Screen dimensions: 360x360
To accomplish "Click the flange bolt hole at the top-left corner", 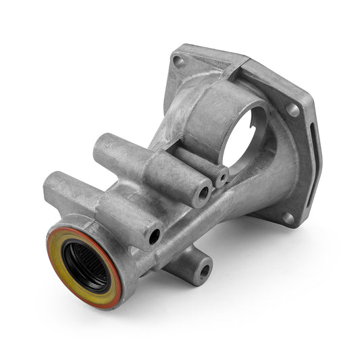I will [x=179, y=61].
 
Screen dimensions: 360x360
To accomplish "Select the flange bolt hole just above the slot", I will [x=292, y=109].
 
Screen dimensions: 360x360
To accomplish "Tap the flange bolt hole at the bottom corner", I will [x=288, y=217].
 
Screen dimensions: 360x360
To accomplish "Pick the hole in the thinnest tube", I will [x=222, y=178].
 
